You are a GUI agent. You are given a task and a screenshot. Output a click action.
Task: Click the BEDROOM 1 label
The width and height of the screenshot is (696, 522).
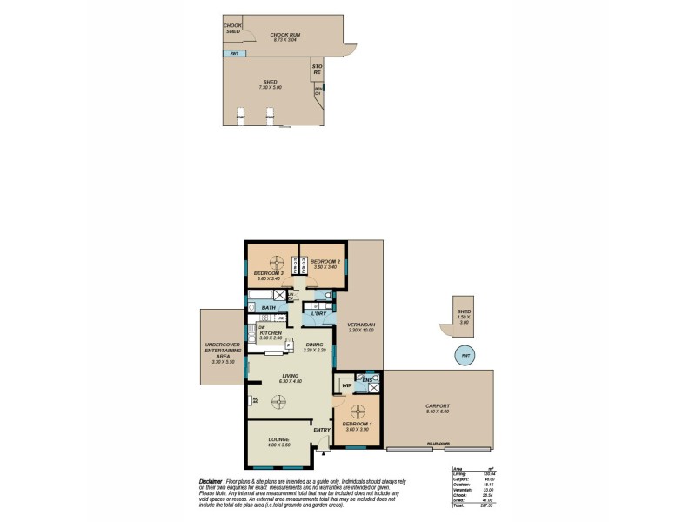pyautogui.click(x=358, y=424)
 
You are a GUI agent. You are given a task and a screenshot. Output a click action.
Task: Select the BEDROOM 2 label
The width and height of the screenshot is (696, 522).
pyautogui.click(x=324, y=261)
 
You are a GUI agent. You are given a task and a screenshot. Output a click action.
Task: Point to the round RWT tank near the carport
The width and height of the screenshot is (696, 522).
pyautogui.click(x=465, y=354)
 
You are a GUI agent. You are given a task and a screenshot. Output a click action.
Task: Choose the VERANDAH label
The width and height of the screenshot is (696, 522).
pyautogui.click(x=360, y=324)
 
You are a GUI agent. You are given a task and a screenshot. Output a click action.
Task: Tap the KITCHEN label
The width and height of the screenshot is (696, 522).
pyautogui.click(x=270, y=333)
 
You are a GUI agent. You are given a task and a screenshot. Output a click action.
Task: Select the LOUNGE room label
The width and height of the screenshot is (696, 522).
pyautogui.click(x=278, y=439)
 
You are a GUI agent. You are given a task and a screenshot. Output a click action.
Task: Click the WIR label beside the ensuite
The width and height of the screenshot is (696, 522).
pyautogui.click(x=346, y=385)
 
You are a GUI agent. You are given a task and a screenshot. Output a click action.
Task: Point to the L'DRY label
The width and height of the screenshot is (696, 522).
pyautogui.click(x=318, y=313)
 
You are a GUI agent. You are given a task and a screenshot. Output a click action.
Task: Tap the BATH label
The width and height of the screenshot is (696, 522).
pyautogui.click(x=269, y=307)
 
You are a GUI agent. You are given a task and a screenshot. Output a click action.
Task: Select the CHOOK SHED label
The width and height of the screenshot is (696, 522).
pyautogui.click(x=232, y=29)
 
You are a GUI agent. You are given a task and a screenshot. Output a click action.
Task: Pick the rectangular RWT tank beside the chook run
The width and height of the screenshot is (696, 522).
pyautogui.click(x=235, y=54)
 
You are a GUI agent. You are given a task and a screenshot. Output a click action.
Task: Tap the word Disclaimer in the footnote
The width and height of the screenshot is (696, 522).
pyautogui.click(x=212, y=480)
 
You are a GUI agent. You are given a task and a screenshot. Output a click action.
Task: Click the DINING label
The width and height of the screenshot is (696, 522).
pyautogui.click(x=315, y=345)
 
